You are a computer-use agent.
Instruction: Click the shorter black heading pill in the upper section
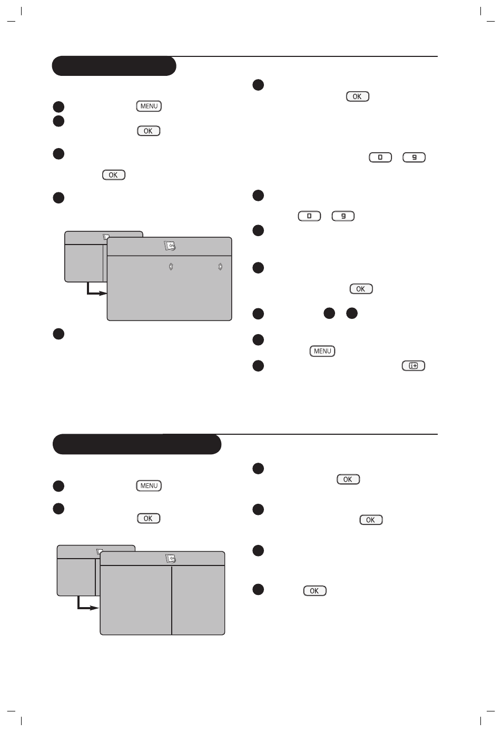(x=114, y=66)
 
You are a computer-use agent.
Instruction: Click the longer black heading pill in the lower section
(x=137, y=444)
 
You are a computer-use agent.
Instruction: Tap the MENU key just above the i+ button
(x=322, y=351)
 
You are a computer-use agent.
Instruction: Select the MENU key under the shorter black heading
(x=149, y=106)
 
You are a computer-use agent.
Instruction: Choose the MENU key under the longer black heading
(x=149, y=485)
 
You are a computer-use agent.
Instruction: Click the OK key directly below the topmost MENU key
(x=149, y=131)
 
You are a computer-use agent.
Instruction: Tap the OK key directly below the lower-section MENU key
(x=149, y=518)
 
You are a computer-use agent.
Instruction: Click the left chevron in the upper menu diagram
(x=171, y=267)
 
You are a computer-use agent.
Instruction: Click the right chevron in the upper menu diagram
(x=220, y=267)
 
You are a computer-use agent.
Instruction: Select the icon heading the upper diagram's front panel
(x=170, y=246)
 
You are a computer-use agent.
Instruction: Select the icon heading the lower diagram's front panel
(x=171, y=559)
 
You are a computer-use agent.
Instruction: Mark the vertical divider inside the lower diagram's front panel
(x=172, y=600)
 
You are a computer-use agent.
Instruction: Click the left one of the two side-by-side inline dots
(x=329, y=313)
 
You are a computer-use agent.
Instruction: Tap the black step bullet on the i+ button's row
(x=258, y=366)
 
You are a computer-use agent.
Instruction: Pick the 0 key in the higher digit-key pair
(x=380, y=158)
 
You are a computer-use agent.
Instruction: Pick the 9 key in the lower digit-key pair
(x=343, y=216)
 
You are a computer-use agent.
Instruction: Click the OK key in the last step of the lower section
(x=315, y=591)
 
